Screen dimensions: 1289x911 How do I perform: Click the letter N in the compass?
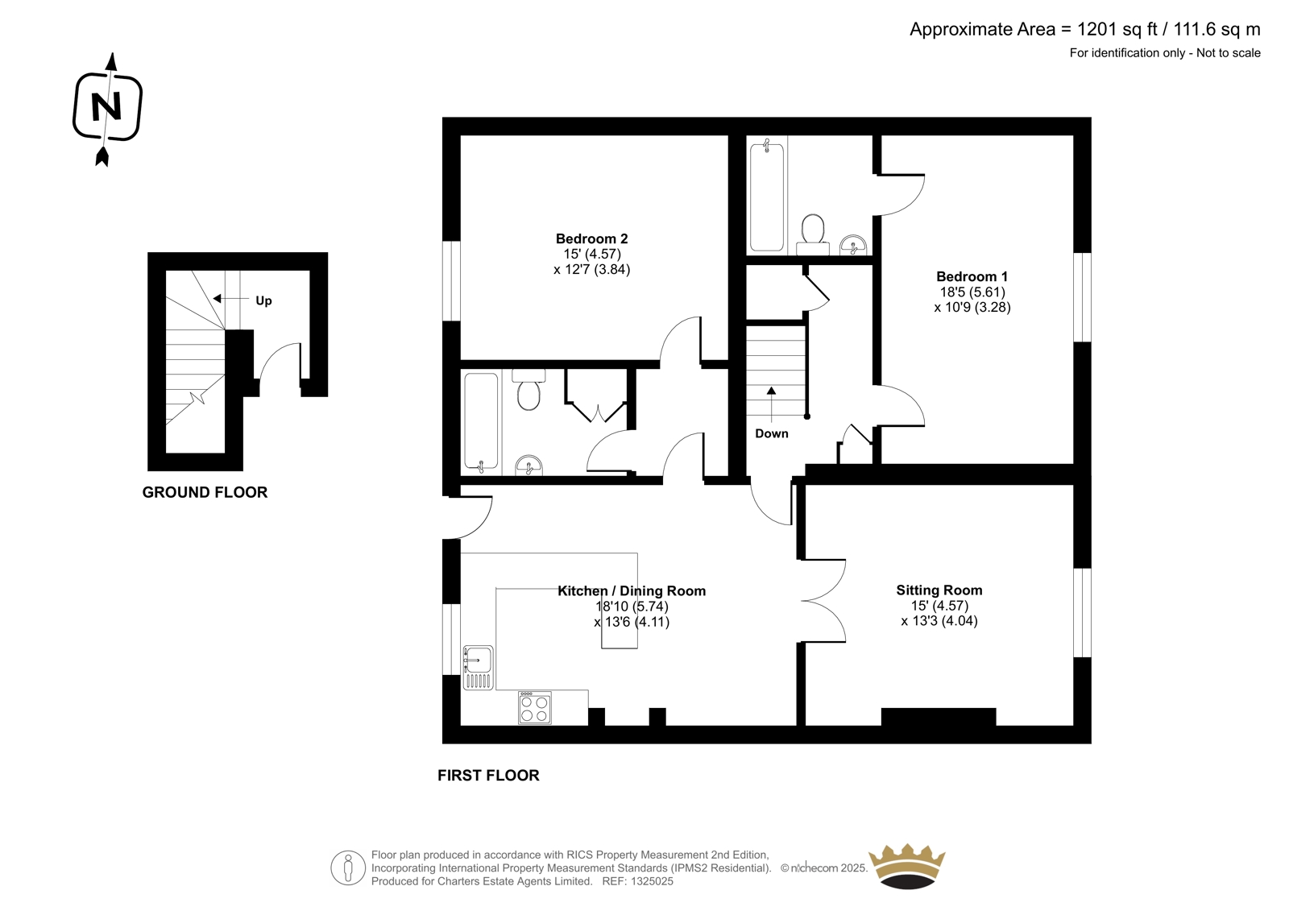click(x=106, y=107)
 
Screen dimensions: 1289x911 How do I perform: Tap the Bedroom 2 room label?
click(x=591, y=238)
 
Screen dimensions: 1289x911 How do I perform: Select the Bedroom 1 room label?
click(x=972, y=276)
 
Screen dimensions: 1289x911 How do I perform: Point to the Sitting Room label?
click(x=939, y=590)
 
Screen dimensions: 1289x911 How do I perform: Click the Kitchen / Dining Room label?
click(x=632, y=591)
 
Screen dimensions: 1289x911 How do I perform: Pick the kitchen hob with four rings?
click(x=535, y=708)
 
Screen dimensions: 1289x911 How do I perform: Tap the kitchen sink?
click(x=479, y=668)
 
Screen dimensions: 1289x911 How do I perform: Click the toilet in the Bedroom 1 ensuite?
click(x=813, y=235)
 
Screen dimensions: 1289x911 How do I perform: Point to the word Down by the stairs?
click(x=772, y=434)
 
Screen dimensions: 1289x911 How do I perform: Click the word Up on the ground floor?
click(x=263, y=301)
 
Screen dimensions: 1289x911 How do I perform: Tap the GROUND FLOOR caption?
click(x=205, y=493)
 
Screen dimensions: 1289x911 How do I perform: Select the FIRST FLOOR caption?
click(x=488, y=776)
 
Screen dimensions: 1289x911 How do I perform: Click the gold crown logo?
click(x=907, y=866)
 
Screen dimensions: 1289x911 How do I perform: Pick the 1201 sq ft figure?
click(x=1104, y=29)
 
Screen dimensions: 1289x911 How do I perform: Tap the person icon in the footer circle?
click(x=347, y=868)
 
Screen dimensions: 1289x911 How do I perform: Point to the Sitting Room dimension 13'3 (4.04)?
click(x=939, y=621)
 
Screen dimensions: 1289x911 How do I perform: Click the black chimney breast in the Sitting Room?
click(x=939, y=717)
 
